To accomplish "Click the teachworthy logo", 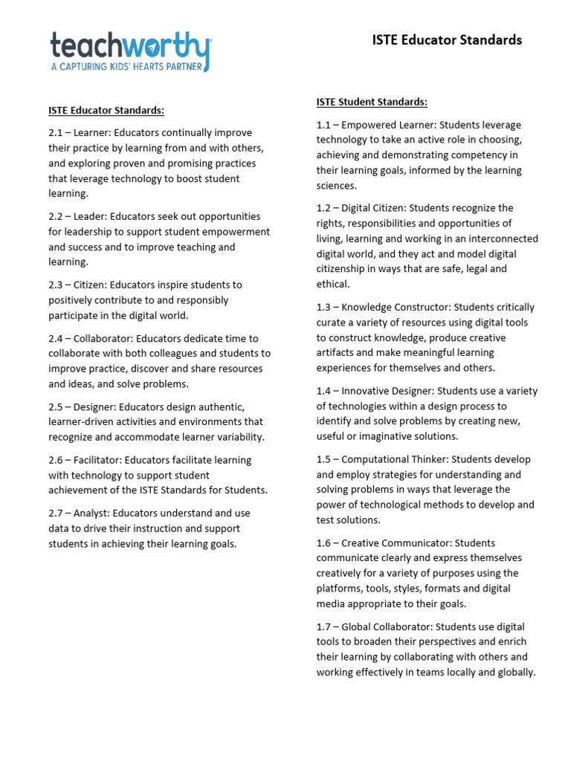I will pyautogui.click(x=131, y=46).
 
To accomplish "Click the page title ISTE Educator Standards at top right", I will pyautogui.click(x=447, y=40).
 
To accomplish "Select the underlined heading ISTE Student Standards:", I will pyautogui.click(x=372, y=102).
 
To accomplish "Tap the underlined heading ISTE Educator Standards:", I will pyautogui.click(x=106, y=110).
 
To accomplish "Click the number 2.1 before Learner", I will pyautogui.click(x=57, y=133).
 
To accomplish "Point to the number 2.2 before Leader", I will pyautogui.click(x=57, y=216).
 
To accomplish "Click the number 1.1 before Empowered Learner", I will pyautogui.click(x=324, y=125).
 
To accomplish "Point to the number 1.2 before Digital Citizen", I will pyautogui.click(x=324, y=208).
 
